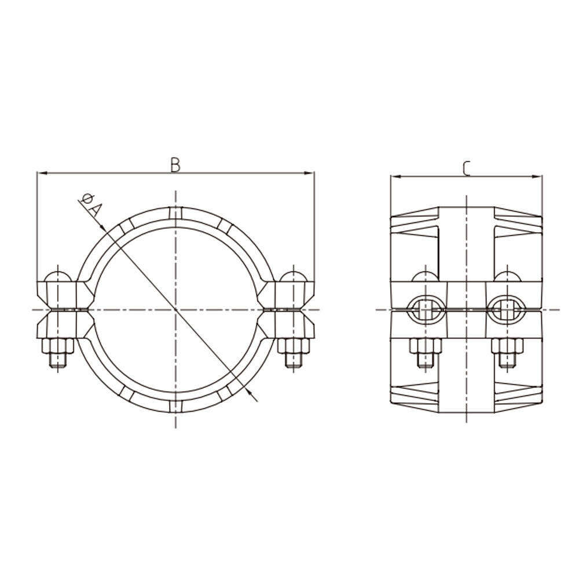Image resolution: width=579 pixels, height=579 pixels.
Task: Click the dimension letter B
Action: click(175, 164)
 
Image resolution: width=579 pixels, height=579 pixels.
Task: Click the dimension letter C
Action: click(467, 168)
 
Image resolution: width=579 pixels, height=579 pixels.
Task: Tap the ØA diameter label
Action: click(92, 207)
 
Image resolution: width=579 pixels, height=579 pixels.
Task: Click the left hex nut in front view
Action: click(56, 346)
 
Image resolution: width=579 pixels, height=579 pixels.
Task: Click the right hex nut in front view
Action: click(294, 346)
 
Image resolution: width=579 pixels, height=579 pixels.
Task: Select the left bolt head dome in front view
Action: click(57, 275)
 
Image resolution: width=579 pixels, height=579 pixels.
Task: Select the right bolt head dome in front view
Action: click(294, 275)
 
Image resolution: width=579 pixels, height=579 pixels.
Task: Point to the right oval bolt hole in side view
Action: click(507, 310)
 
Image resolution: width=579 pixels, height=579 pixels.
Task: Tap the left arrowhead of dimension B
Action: click(41, 173)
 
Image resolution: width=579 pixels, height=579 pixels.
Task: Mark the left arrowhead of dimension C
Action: click(394, 176)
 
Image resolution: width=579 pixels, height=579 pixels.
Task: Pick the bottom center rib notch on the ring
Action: click(175, 405)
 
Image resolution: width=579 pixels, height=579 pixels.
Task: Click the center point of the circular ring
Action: click(175, 310)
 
